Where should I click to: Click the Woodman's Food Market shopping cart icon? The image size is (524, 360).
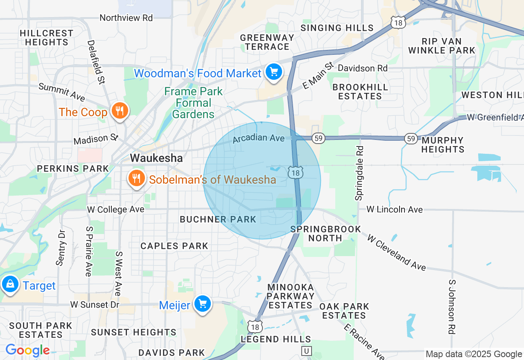(273, 72)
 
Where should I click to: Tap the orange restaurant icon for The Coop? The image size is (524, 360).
(119, 111)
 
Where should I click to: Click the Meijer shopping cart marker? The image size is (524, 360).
(202, 304)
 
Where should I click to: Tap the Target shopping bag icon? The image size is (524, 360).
(10, 283)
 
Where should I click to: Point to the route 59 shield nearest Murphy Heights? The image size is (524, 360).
(411, 138)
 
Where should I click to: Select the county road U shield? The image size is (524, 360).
(306, 351)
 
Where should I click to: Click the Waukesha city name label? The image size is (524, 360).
(156, 158)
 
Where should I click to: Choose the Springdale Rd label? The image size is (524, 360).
(359, 173)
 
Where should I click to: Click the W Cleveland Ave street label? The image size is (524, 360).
(396, 252)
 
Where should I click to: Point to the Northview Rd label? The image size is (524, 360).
(126, 18)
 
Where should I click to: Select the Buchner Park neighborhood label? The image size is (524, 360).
(218, 219)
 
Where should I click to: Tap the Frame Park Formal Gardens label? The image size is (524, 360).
(193, 103)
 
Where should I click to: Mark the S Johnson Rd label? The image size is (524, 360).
(452, 307)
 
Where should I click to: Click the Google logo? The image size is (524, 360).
(27, 351)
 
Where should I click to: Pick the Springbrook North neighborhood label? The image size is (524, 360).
(325, 234)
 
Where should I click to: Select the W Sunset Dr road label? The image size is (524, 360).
(95, 305)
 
